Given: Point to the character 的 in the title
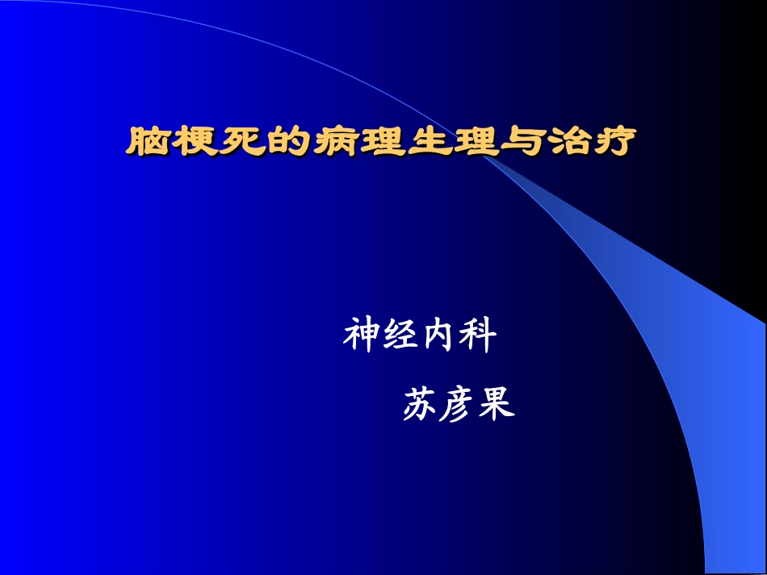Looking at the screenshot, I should point(288,141).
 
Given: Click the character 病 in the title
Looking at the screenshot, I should point(335,141).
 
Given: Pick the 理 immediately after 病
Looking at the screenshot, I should point(382,141).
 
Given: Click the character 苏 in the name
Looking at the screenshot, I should point(420,404).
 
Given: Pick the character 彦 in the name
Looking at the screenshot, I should point(458,404).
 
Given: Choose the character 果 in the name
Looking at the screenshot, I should point(497,404).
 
